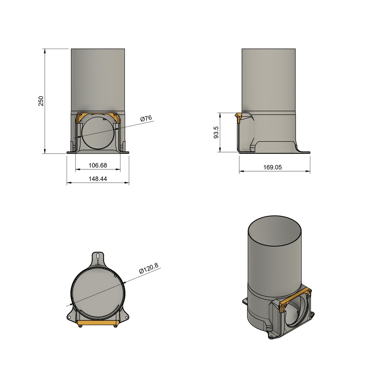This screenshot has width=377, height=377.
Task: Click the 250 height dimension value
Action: point(41,101)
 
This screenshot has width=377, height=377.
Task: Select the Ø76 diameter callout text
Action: point(146,119)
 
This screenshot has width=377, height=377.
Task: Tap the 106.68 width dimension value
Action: point(98,166)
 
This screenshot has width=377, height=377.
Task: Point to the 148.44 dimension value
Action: point(98,179)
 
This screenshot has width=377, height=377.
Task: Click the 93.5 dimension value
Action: point(216,132)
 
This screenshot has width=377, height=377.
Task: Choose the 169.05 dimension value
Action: point(273,167)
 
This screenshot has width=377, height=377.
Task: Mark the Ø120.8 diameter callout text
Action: point(148,268)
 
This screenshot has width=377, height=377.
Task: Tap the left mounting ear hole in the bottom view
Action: point(69,317)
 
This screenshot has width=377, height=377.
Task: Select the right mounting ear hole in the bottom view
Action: point(127,317)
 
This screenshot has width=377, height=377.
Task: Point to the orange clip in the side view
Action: point(238,117)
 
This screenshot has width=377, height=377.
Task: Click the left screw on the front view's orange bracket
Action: point(80,115)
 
